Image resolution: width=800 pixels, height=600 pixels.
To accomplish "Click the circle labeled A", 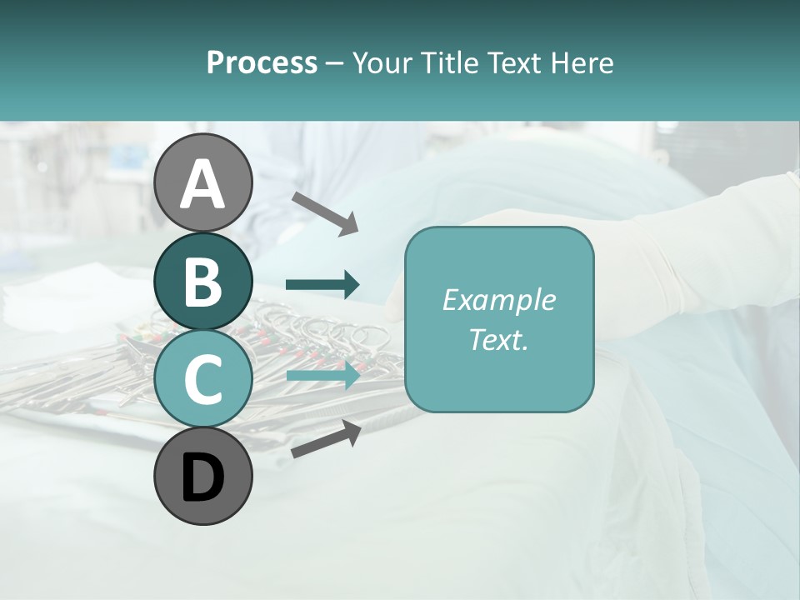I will point(202,182).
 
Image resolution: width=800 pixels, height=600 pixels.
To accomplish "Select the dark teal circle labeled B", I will point(202,282).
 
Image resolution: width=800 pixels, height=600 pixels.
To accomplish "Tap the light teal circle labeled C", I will point(202,379).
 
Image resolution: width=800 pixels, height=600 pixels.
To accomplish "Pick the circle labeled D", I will point(202,477).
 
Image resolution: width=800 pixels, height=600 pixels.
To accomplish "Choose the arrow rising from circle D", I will point(326,440).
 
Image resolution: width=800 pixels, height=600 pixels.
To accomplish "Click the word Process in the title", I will point(262,62).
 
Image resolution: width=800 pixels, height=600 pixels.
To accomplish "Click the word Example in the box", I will point(498,300).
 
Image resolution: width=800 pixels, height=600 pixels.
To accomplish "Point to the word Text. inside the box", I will point(498,339).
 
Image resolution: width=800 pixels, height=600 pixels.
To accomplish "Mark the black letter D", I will point(202,477).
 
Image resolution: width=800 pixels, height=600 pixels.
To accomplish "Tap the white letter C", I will point(202,380).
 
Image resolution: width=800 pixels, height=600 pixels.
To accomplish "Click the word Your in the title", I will point(382,62).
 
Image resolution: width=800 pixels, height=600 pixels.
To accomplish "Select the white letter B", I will point(202,282).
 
